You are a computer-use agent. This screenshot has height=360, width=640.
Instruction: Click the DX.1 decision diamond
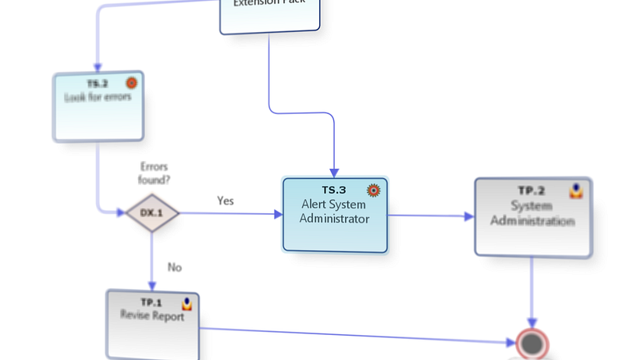(152, 213)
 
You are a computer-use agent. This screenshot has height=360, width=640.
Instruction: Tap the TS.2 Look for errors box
(98, 106)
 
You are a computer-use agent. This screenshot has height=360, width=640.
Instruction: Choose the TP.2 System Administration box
(532, 216)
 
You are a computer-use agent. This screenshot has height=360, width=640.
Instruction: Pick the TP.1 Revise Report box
(152, 324)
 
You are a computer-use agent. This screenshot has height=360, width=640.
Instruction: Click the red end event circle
(533, 343)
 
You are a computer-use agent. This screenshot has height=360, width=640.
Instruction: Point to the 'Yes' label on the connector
(226, 201)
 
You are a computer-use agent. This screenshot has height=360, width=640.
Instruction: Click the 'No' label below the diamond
(175, 267)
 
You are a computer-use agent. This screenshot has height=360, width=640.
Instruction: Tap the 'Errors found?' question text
(155, 173)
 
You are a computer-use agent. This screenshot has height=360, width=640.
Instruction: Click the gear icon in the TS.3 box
(373, 189)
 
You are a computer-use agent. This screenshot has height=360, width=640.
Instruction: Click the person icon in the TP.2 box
(576, 191)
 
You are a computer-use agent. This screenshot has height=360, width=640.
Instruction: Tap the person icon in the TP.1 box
(188, 303)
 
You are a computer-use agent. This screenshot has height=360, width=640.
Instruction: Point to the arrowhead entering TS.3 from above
(334, 172)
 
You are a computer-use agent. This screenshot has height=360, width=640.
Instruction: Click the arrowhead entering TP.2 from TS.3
(468, 216)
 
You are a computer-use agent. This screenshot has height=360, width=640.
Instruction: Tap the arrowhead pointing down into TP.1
(152, 285)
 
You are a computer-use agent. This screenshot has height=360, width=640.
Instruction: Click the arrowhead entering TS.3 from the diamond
(277, 213)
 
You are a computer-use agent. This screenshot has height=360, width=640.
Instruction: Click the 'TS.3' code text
(334, 190)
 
